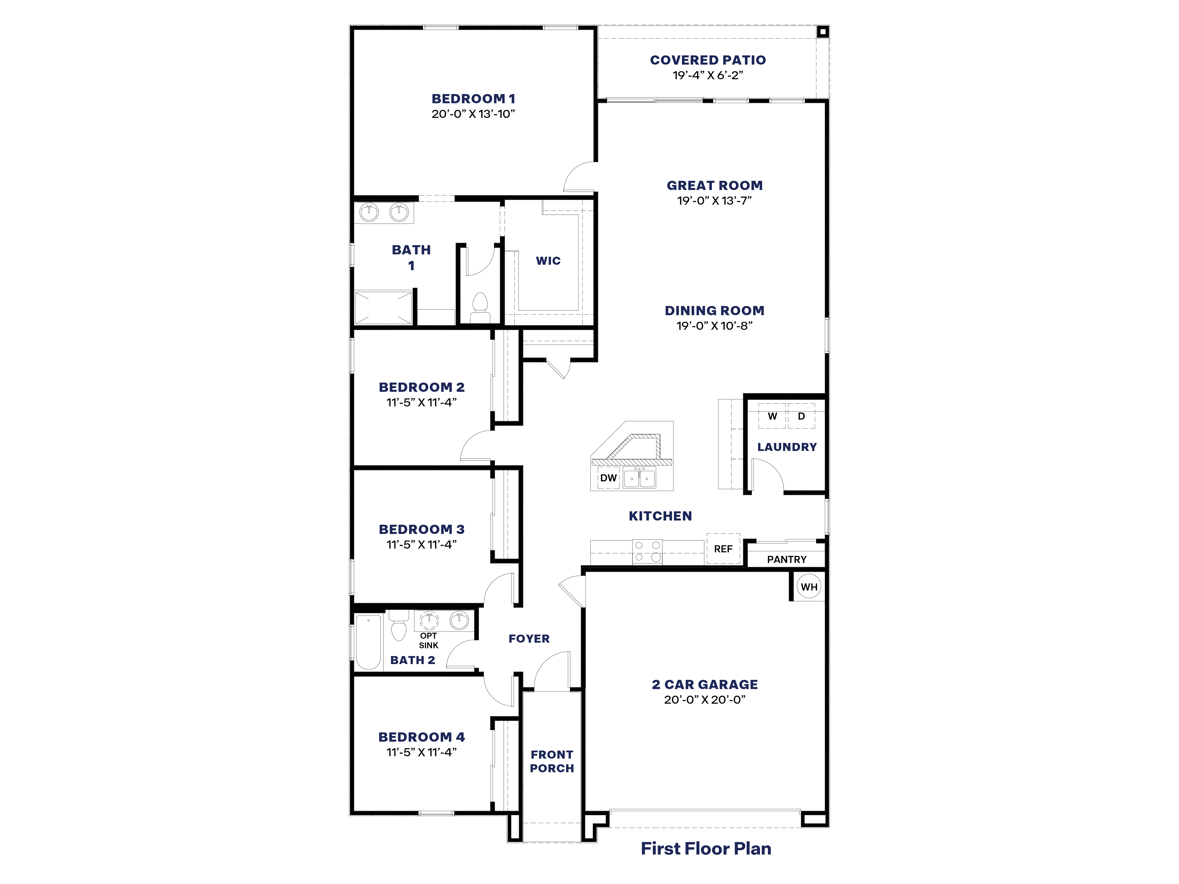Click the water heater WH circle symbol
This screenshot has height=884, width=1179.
(x=809, y=587)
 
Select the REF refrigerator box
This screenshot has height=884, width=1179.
(x=723, y=548)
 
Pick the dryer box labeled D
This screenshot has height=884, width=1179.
(x=801, y=416)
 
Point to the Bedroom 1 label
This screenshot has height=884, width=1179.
(x=473, y=99)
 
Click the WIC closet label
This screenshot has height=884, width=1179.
(x=548, y=260)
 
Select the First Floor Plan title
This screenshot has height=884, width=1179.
(x=706, y=848)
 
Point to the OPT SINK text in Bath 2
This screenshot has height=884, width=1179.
(x=428, y=640)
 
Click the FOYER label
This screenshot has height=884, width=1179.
(x=529, y=638)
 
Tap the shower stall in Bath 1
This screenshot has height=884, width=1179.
(x=383, y=307)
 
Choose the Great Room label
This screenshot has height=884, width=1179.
(x=714, y=186)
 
